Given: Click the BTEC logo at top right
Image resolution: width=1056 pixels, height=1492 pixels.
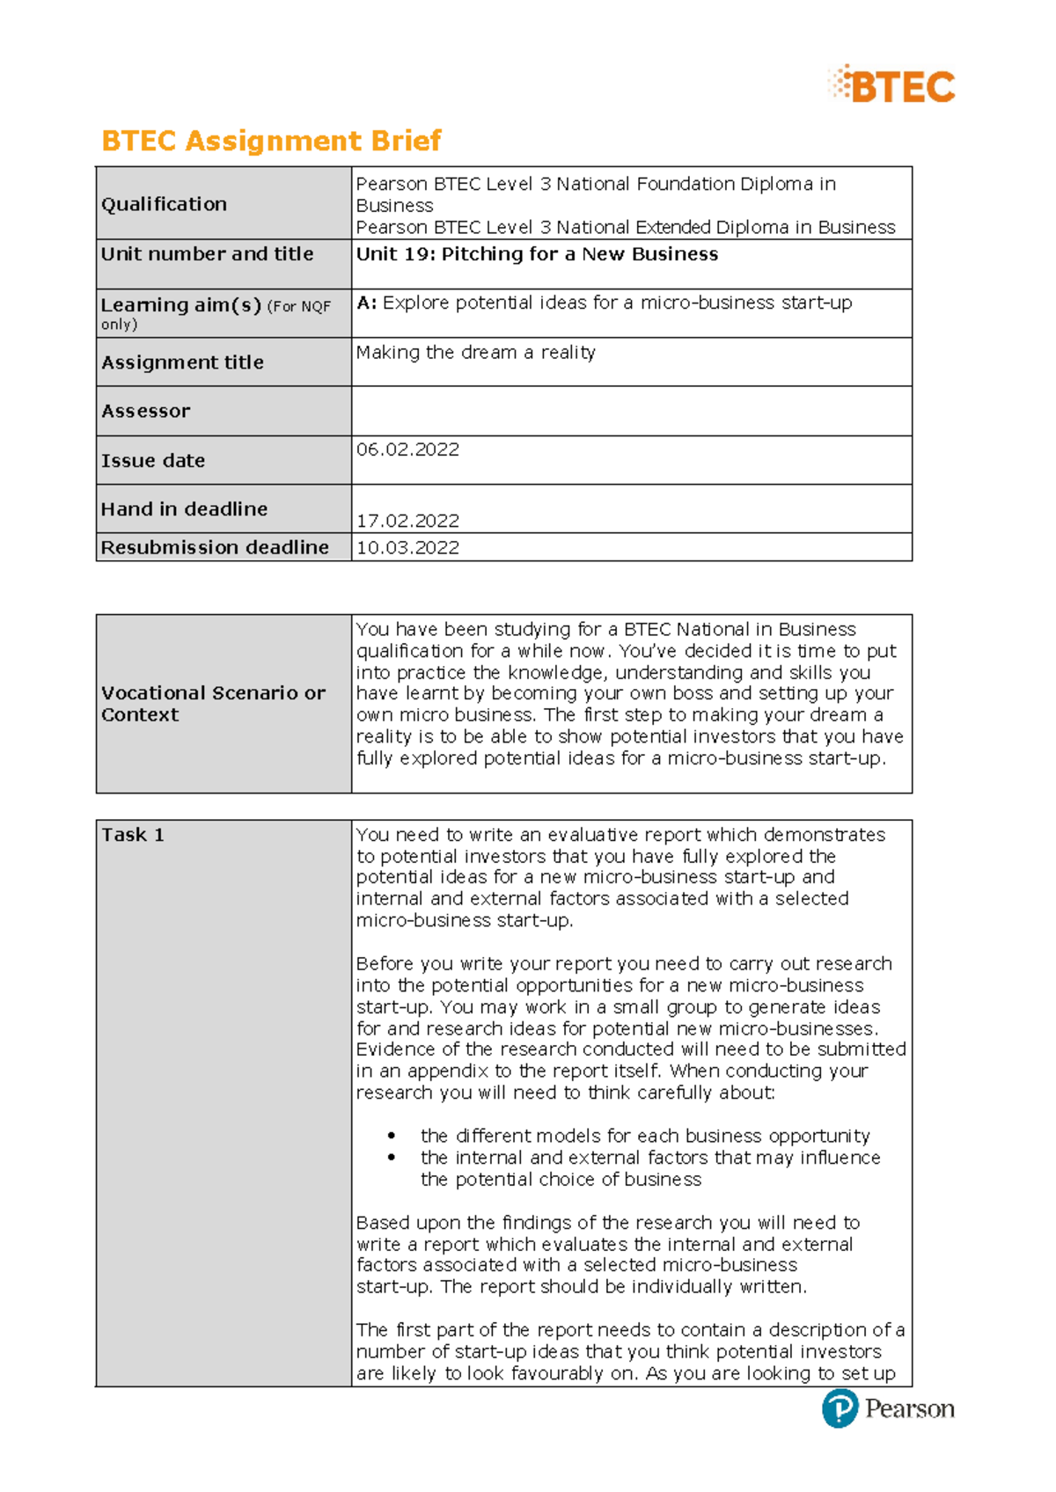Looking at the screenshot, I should [x=891, y=85].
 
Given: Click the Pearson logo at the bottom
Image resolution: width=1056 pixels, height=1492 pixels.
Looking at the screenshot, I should [x=887, y=1408].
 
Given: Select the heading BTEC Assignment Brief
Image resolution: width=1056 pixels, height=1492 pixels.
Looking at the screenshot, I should [x=271, y=141].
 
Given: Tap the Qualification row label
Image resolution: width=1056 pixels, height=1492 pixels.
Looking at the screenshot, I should [x=164, y=204].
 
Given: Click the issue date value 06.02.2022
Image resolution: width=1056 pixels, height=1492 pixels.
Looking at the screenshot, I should [x=407, y=450].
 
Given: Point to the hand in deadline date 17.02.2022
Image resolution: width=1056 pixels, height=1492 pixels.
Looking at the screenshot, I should [x=407, y=521].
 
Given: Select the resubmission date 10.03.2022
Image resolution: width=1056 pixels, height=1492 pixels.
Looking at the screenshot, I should [x=407, y=547].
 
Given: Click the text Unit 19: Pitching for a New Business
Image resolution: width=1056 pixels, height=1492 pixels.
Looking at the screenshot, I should [x=537, y=254].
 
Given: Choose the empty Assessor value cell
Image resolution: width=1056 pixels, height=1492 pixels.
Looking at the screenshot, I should [x=631, y=411].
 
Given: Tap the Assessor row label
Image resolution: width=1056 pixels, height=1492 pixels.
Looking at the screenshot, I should [x=145, y=411].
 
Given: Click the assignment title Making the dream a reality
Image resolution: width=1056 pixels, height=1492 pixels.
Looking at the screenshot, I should [x=475, y=353].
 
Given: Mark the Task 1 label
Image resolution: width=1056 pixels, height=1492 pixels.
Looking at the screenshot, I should [x=132, y=835].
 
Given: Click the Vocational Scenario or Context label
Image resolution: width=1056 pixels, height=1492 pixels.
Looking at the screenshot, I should [x=213, y=704].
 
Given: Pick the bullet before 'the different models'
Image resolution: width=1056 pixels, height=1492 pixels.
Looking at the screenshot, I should [x=392, y=1137].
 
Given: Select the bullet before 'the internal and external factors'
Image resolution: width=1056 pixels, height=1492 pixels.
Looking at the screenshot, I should [x=392, y=1158].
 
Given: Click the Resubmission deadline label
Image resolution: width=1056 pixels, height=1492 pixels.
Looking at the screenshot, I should [x=215, y=547].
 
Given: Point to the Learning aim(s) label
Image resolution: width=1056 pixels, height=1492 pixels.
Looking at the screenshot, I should [x=181, y=305].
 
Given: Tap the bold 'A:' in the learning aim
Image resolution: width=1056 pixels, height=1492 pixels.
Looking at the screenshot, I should [x=366, y=303].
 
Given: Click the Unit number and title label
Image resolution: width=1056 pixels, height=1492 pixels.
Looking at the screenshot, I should [x=207, y=254].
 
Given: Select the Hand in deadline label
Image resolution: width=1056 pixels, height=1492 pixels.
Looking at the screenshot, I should [x=184, y=509].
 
